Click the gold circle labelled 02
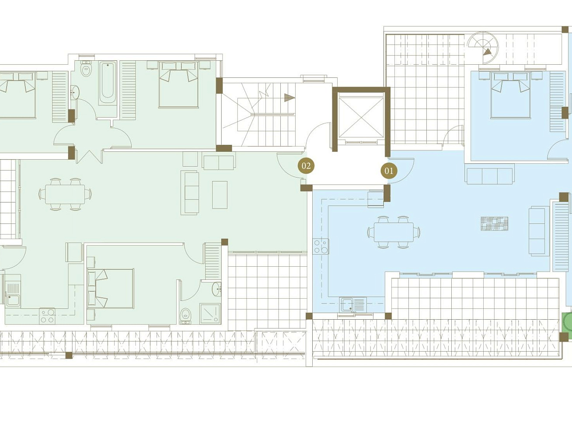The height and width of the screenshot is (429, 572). (306, 166)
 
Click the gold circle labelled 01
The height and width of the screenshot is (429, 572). (389, 171)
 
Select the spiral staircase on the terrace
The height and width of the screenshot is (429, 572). (483, 48)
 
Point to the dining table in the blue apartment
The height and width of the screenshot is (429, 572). (394, 232)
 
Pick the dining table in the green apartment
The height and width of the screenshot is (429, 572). (65, 194)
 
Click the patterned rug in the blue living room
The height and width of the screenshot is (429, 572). (494, 224)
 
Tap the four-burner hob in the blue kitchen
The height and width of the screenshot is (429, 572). (321, 246)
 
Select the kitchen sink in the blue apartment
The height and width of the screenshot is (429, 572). (353, 305)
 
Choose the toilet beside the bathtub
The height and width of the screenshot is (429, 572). (86, 69)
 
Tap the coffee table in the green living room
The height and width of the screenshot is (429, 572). (220, 195)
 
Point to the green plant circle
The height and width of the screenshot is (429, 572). (568, 322)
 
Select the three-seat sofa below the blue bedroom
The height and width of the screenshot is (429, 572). (490, 176)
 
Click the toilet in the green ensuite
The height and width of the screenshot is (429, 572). (185, 316)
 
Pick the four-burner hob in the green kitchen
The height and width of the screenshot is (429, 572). (47, 316)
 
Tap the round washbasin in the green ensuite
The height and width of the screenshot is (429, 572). (216, 289)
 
